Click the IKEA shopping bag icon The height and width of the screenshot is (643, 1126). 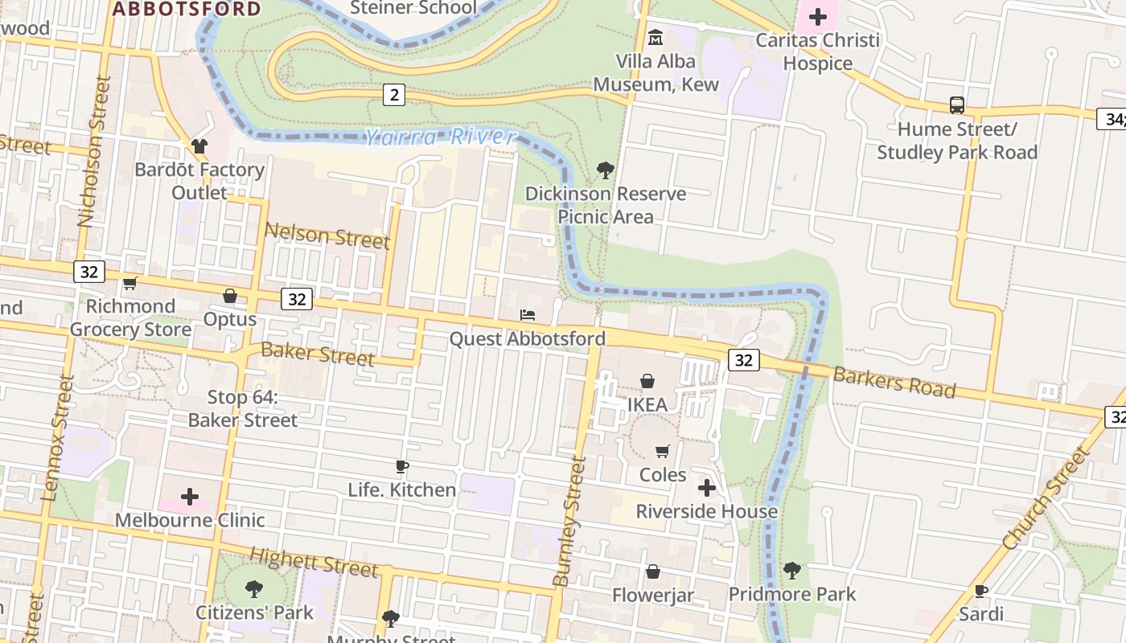(x=647, y=381)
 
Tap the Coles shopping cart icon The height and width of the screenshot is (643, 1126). (x=663, y=451)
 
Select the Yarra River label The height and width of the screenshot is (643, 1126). (x=440, y=137)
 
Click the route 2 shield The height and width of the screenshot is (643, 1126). (x=393, y=95)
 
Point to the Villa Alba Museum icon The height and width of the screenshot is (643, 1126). (x=655, y=37)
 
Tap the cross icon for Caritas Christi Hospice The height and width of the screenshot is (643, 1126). (x=818, y=16)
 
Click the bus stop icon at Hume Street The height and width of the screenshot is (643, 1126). (x=957, y=105)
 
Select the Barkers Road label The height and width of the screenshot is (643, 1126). (x=894, y=383)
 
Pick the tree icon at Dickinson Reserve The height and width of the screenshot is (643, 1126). (x=606, y=170)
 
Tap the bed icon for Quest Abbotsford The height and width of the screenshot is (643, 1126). (x=528, y=315)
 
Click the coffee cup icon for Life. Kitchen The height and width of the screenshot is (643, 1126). (x=402, y=466)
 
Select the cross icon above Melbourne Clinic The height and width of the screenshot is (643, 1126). (x=190, y=497)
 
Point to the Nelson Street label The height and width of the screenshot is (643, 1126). (x=327, y=235)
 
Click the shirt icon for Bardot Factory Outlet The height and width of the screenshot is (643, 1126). (x=199, y=146)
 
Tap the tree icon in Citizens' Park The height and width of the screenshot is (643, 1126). (x=254, y=588)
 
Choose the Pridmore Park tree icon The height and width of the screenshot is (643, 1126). (x=792, y=571)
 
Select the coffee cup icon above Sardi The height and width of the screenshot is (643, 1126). (x=981, y=591)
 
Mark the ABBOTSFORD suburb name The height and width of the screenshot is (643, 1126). (x=187, y=9)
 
